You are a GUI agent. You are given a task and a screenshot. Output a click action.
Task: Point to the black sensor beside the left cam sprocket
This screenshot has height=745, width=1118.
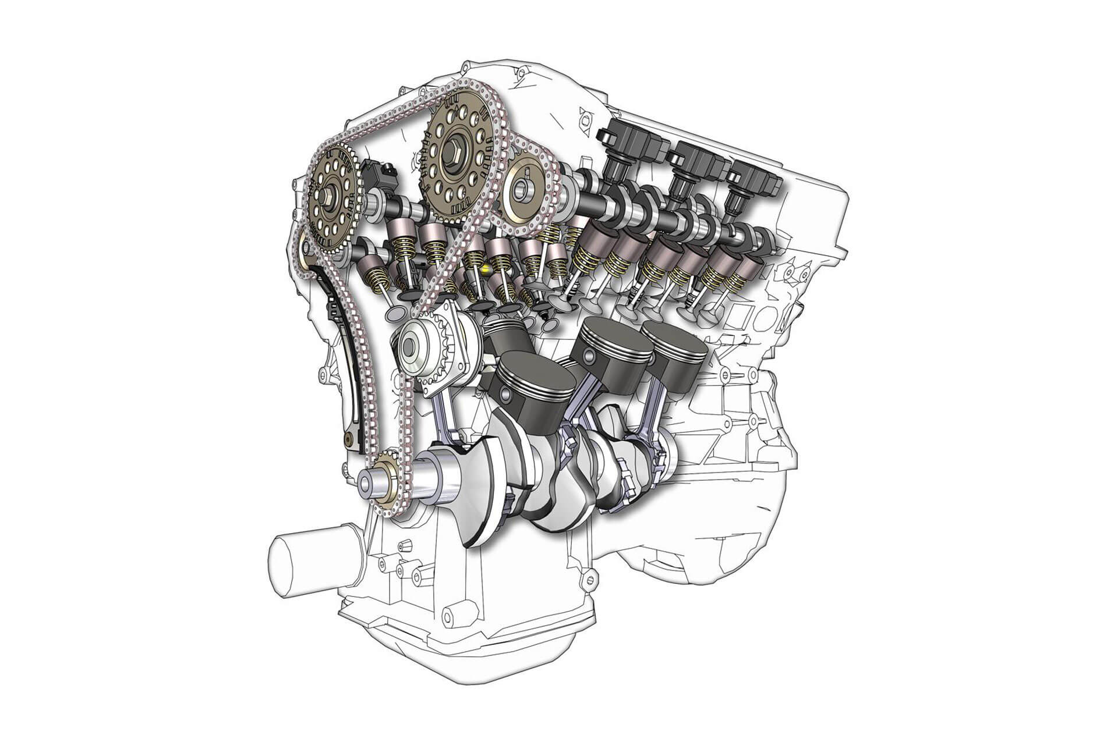(x=378, y=175)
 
